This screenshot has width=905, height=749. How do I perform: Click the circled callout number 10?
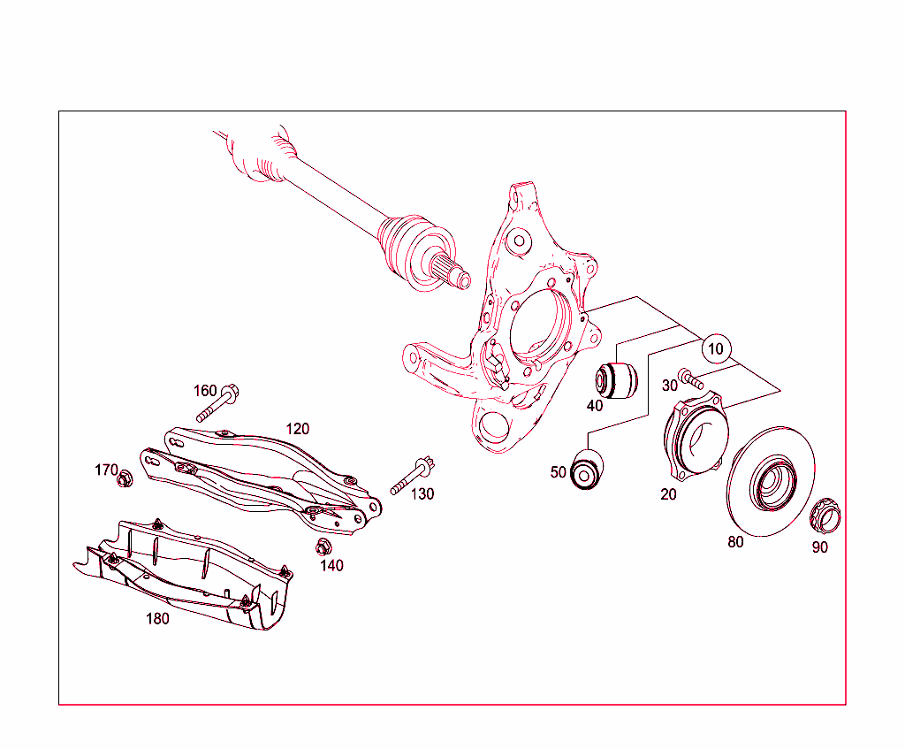tap(716, 348)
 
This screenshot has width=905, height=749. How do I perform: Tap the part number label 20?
tap(668, 494)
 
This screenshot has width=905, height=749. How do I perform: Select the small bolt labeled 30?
tap(691, 380)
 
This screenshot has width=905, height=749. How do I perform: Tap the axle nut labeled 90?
tap(826, 513)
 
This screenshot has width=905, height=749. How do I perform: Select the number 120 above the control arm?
tap(297, 429)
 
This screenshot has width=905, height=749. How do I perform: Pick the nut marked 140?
tap(323, 545)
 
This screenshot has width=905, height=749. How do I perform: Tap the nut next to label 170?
tap(125, 478)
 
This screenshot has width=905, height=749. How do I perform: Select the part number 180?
tap(157, 619)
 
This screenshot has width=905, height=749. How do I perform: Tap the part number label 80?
tap(735, 542)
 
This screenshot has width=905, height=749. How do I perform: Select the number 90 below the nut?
tap(820, 547)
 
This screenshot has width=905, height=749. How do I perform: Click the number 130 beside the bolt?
tap(422, 494)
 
